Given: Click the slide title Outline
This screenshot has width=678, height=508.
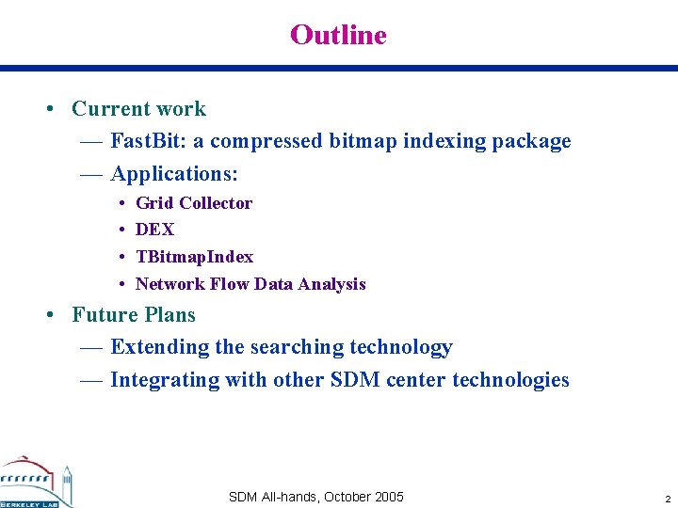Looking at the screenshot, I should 338,35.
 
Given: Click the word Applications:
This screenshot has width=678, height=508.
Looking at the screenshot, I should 173,174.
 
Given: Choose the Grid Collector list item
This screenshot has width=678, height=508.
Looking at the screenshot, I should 194,203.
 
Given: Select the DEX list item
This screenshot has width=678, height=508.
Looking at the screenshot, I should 154,230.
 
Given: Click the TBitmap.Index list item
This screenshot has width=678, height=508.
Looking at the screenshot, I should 194,257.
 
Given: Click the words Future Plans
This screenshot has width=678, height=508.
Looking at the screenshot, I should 134,315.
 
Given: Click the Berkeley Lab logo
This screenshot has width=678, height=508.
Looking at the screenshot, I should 36,481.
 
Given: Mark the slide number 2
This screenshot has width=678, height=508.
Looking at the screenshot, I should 667,499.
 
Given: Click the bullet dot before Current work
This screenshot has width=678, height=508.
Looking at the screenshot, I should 48,109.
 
